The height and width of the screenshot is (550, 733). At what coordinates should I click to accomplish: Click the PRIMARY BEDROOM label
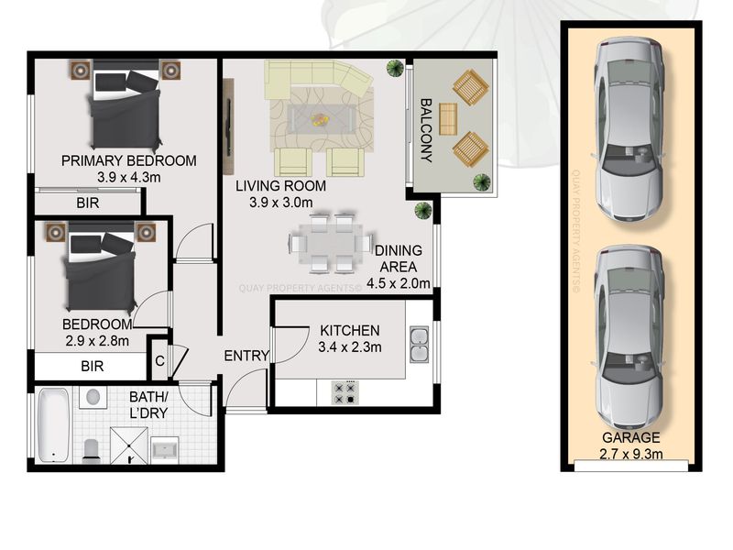[129, 161]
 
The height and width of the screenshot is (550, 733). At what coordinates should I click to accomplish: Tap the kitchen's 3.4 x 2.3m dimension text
[350, 347]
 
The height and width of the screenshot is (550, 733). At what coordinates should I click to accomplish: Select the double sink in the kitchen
[420, 345]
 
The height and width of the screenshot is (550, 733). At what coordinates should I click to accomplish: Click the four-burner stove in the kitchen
[345, 393]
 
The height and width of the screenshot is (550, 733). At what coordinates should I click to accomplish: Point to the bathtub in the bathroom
[54, 425]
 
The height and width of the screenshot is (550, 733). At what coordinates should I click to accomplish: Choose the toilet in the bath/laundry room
[91, 451]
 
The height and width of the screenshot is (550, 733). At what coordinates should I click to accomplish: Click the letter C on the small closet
[159, 361]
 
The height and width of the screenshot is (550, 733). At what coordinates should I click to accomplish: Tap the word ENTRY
[246, 356]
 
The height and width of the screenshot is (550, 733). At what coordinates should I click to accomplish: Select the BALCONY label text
[425, 130]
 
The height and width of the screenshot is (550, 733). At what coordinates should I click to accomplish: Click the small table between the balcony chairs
[448, 119]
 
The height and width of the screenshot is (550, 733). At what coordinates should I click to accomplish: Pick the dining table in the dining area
[332, 244]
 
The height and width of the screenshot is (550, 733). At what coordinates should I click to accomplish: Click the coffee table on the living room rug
[321, 119]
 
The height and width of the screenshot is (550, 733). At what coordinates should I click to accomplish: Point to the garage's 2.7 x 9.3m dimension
[631, 454]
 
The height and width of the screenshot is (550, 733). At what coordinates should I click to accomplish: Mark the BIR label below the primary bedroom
[88, 203]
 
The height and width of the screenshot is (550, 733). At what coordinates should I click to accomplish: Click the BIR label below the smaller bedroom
[93, 366]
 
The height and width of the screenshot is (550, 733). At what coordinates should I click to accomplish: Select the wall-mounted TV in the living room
[228, 126]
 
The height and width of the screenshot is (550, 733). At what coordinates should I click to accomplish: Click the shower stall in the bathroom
[128, 445]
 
